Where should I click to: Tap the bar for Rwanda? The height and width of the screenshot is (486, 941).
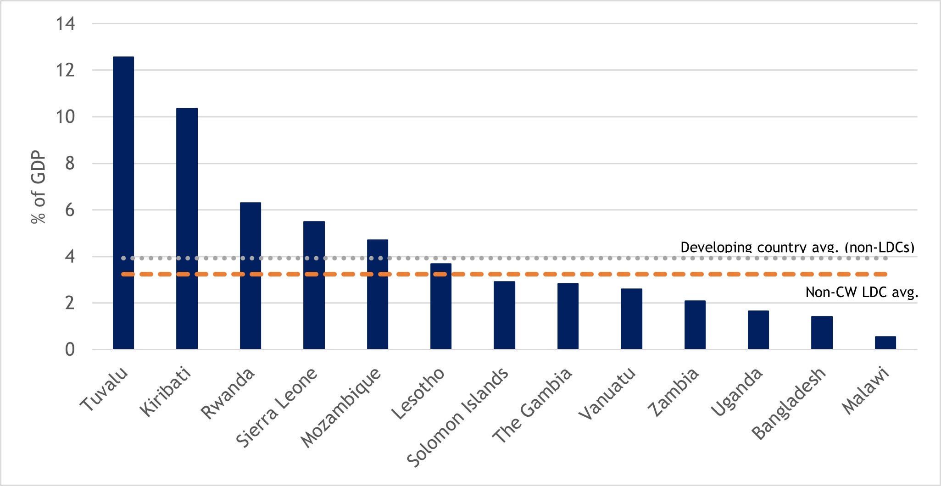[251, 276]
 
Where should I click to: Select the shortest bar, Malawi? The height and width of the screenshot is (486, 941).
[885, 343]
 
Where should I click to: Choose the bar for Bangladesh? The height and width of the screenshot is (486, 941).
[822, 333]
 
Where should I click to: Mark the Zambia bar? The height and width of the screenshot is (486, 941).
[695, 325]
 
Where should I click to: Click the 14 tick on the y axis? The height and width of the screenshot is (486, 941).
[65, 23]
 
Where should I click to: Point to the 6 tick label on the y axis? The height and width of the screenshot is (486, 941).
[70, 210]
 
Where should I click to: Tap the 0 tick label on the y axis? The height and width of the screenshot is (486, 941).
[70, 350]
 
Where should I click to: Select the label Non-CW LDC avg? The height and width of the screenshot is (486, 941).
[862, 293]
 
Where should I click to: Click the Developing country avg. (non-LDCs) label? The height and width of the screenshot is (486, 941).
[797, 247]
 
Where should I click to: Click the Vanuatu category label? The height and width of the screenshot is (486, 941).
[607, 393]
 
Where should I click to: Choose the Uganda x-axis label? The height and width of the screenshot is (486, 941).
[736, 392]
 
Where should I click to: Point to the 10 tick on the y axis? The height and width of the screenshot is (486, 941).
[65, 117]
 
